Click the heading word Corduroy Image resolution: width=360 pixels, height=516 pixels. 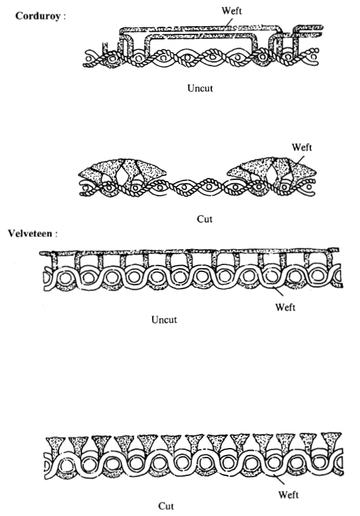click(38, 16)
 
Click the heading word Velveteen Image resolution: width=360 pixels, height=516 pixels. click(30, 234)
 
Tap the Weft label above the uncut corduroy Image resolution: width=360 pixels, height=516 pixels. click(232, 11)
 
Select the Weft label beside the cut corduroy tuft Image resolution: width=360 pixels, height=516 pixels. click(301, 147)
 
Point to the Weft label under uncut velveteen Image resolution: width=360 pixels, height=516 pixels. click(285, 308)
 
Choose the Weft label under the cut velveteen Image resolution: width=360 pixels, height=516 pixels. click(288, 494)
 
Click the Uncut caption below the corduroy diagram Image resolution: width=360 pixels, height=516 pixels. click(200, 88)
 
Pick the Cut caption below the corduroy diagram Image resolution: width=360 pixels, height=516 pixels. click(205, 219)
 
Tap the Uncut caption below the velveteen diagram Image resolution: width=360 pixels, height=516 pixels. click(164, 320)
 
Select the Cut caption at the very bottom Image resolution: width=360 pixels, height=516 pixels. click(166, 506)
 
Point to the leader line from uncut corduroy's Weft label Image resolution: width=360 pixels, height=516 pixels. click(229, 22)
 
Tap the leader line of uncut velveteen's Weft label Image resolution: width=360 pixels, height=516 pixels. click(278, 292)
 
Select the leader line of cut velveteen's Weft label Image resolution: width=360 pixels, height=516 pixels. click(280, 480)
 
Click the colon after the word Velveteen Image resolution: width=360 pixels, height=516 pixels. click(57, 234)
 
